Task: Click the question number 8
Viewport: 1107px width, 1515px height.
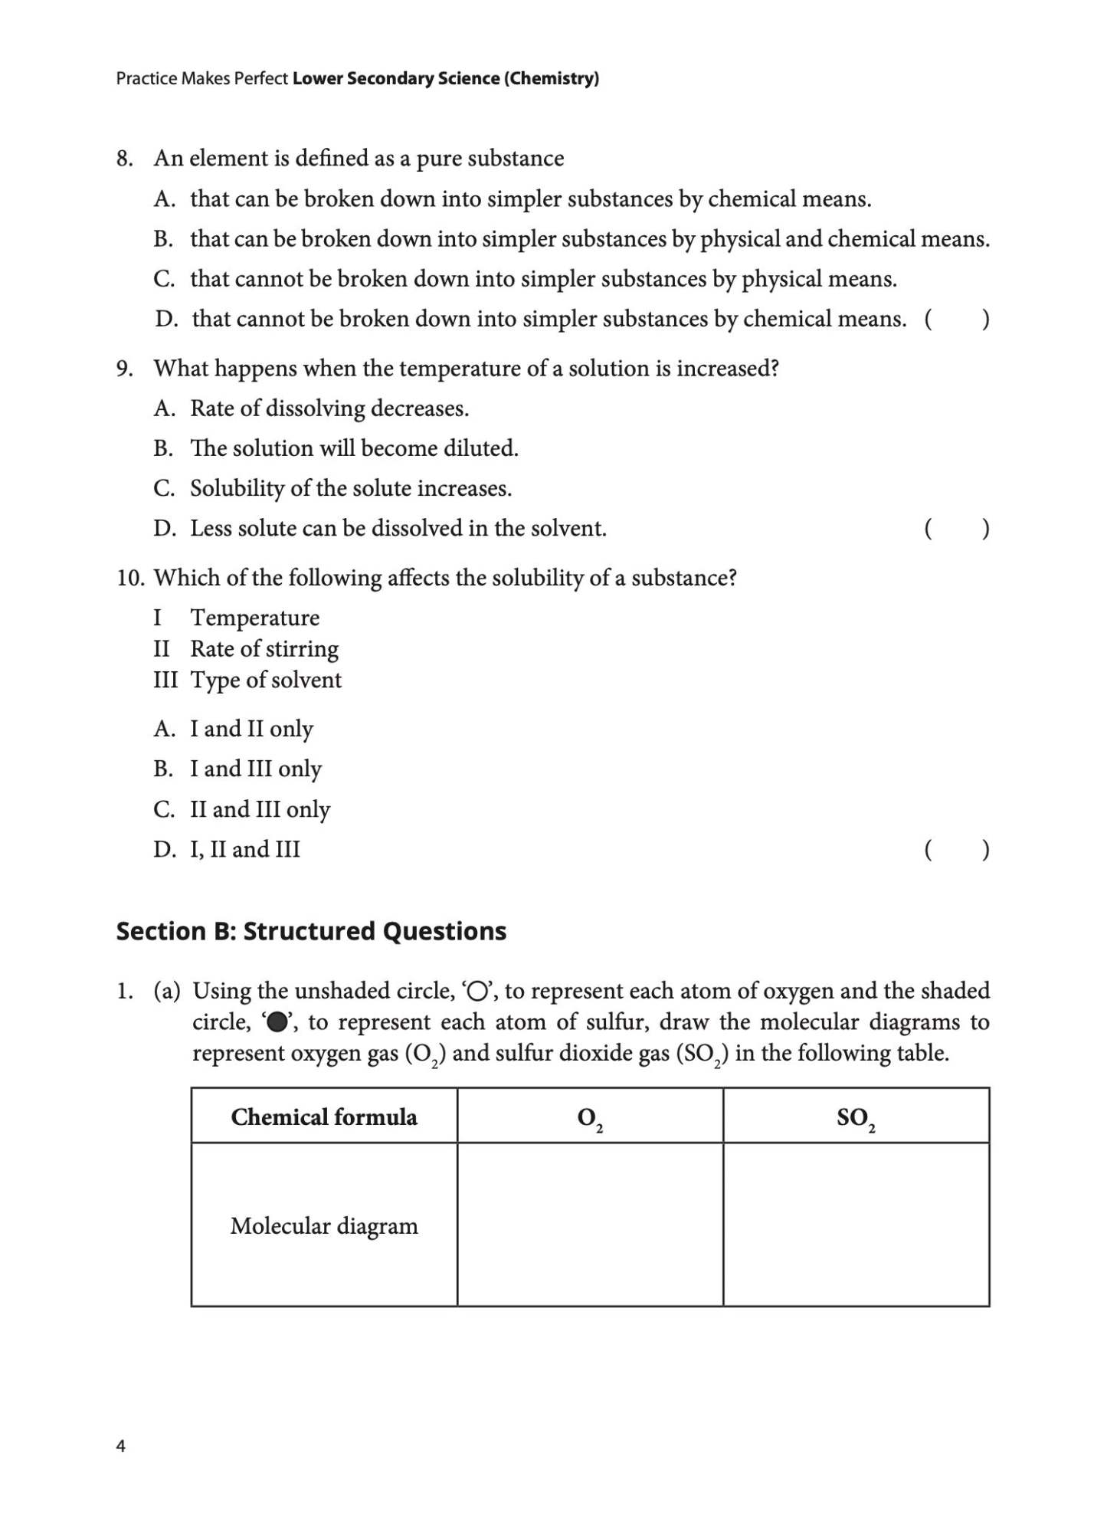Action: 124,159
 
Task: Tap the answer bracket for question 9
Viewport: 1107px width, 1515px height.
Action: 956,529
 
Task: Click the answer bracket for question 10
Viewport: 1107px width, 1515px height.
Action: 956,850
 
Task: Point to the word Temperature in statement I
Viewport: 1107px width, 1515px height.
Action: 254,618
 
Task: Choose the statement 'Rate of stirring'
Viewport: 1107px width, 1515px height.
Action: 264,649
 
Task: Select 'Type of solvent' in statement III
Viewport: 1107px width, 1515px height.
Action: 265,680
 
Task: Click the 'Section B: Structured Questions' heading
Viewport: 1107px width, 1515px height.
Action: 311,931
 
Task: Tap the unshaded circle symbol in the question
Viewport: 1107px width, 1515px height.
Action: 477,992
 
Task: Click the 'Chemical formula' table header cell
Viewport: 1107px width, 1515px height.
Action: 324,1117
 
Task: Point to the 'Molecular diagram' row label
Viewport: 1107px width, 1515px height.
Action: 324,1226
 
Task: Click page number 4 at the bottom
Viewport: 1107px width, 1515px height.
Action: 120,1446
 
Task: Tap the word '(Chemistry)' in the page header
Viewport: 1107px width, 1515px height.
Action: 551,78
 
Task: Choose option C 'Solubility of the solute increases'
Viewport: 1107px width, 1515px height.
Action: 350,489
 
